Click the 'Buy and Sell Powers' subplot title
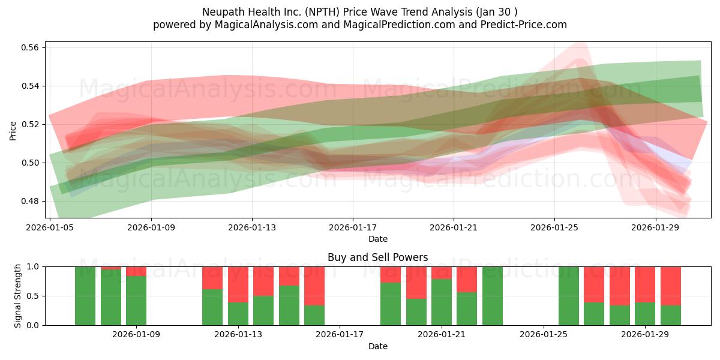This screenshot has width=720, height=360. (377, 257)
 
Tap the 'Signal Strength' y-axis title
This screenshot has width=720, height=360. (18, 296)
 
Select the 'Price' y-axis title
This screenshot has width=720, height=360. (13, 130)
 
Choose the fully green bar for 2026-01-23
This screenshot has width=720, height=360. (493, 296)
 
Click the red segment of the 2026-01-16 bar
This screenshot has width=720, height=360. (314, 286)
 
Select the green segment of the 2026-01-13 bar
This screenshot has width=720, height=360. (238, 314)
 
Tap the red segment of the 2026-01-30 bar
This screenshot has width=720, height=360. (671, 286)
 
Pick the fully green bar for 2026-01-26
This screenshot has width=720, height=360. (569, 296)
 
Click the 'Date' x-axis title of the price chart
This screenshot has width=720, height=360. (377, 239)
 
